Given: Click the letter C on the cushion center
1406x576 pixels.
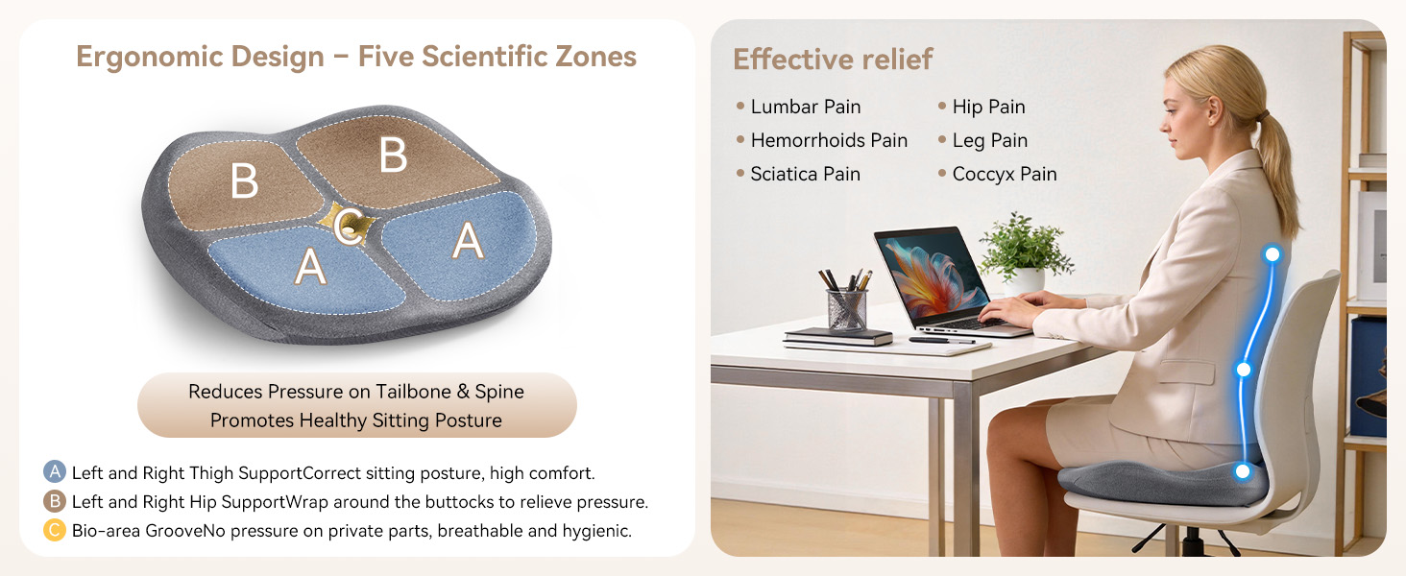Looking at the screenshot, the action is click(x=347, y=225).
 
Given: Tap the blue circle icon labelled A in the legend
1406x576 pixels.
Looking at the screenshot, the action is click(x=55, y=472).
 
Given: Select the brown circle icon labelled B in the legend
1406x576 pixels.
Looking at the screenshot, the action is click(x=55, y=501).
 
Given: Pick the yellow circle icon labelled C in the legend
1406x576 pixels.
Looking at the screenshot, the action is click(x=55, y=530).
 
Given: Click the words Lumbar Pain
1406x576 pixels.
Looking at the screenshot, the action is click(x=806, y=107).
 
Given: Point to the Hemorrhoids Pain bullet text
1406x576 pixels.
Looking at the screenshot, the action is click(x=829, y=140).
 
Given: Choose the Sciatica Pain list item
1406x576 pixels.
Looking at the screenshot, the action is click(x=806, y=174).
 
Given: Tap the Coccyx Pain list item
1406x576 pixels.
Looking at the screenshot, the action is click(x=1005, y=175).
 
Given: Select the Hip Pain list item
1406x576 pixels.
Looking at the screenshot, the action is click(x=988, y=108).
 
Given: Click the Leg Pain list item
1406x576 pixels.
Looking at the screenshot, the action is click(x=990, y=140).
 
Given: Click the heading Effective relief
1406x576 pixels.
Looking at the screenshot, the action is click(x=833, y=60).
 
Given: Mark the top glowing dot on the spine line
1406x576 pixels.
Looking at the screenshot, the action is click(x=1273, y=254).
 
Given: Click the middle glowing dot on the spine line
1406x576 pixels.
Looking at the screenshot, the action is click(x=1244, y=370).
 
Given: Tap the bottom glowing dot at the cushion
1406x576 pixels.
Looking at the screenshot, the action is click(x=1242, y=471).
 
